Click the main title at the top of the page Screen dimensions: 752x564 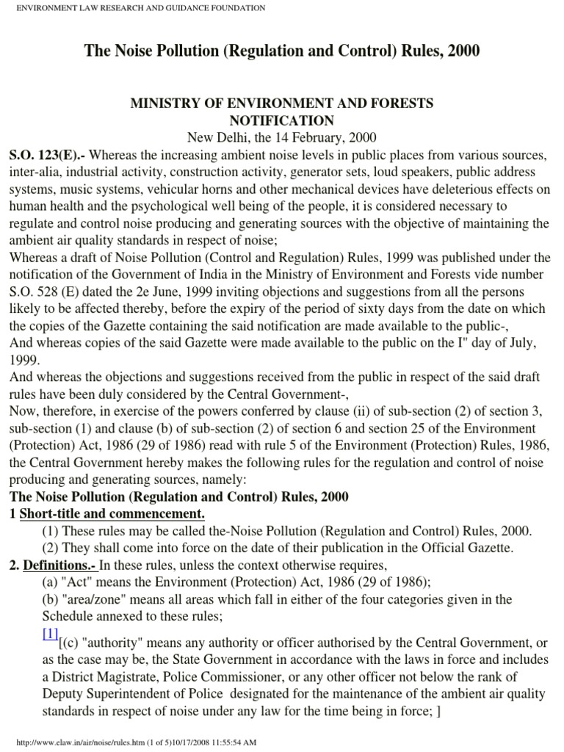click(282, 51)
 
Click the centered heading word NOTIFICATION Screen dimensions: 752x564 click(282, 120)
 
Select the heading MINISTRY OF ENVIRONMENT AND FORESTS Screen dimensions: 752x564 click(282, 104)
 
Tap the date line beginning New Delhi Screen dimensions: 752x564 click(282, 137)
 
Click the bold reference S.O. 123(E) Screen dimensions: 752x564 click(43, 155)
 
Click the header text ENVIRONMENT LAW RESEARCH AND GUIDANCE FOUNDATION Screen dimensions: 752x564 click(136, 7)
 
